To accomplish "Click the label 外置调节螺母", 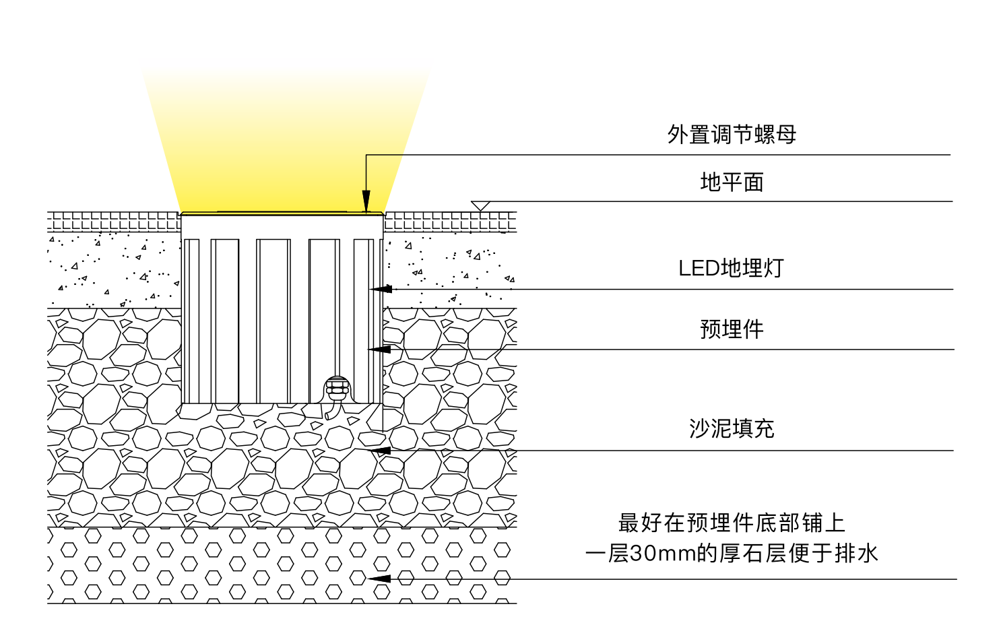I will pyautogui.click(x=732, y=135).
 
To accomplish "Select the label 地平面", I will pyautogui.click(x=732, y=183).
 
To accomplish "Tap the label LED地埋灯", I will pyautogui.click(x=731, y=268).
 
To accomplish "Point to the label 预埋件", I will pyautogui.click(x=732, y=329).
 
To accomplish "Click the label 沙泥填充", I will pyautogui.click(x=732, y=428).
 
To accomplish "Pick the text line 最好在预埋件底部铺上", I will pyautogui.click(x=732, y=523).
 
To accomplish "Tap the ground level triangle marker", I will pyautogui.click(x=480, y=205).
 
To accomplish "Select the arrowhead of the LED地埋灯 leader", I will pyautogui.click(x=381, y=289).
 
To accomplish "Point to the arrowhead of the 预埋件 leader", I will pyautogui.click(x=380, y=349).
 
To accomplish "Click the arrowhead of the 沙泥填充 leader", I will pyautogui.click(x=380, y=451).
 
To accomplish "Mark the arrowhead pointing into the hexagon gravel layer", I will pyautogui.click(x=379, y=579).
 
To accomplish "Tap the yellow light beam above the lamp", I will pyautogui.click(x=283, y=148).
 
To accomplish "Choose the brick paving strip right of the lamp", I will pyautogui.click(x=450, y=221).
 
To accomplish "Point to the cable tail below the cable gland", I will pyautogui.click(x=329, y=412).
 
